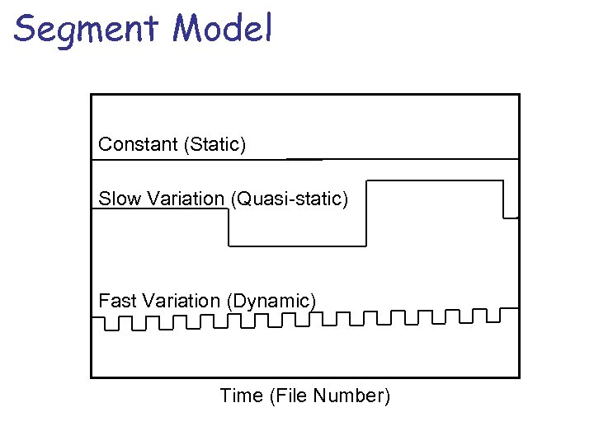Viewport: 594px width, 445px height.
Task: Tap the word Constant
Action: [x=139, y=144]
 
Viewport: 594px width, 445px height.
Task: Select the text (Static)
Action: [x=215, y=145]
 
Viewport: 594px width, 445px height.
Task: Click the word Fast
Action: [x=117, y=301]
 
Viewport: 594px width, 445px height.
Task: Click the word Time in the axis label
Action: [x=241, y=396]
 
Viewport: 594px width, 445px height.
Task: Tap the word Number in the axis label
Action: [x=356, y=396]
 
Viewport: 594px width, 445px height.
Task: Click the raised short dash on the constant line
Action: [x=304, y=157]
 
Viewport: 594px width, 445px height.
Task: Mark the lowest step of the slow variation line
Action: [x=297, y=245]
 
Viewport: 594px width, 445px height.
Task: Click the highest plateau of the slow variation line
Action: [x=434, y=180]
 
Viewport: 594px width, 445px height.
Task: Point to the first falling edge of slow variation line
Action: [x=229, y=227]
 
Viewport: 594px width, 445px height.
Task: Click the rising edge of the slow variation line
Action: [x=365, y=213]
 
